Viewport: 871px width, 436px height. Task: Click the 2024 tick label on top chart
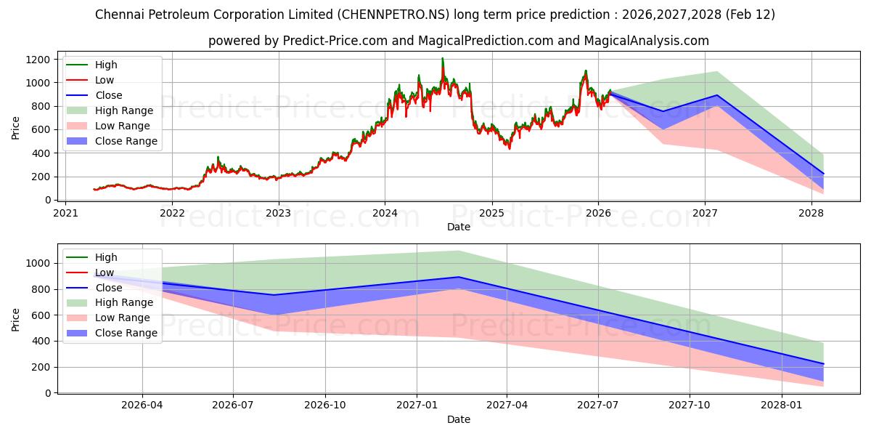pyautogui.click(x=385, y=214)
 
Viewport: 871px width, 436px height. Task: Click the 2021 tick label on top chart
pyautogui.click(x=65, y=214)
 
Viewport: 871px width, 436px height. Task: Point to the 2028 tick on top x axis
pyautogui.click(x=811, y=214)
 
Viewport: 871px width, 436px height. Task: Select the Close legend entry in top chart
pyautogui.click(x=108, y=95)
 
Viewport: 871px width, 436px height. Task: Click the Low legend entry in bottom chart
pyautogui.click(x=105, y=272)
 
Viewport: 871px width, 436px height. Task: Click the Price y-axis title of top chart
pyautogui.click(x=16, y=128)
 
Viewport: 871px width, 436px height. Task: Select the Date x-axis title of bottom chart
pyautogui.click(x=458, y=419)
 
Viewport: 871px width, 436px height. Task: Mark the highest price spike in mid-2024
pyautogui.click(x=442, y=59)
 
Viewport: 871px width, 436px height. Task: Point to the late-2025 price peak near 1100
pyautogui.click(x=585, y=71)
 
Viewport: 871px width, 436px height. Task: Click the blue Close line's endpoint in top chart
pyautogui.click(x=823, y=174)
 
